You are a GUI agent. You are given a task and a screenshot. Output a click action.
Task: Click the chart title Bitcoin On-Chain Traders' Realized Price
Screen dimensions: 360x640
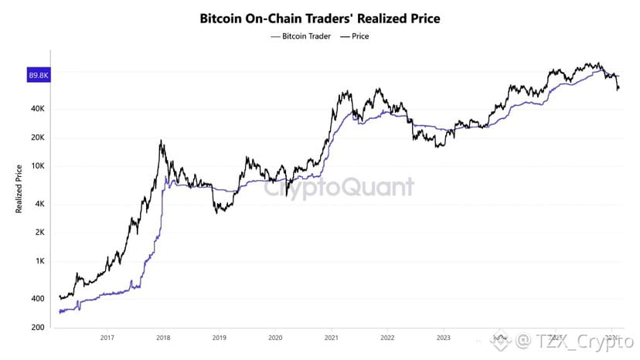point(319,17)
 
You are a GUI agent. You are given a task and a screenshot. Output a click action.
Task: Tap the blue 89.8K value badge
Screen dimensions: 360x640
point(39,75)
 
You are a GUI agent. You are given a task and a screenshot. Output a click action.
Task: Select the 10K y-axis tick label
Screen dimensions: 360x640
point(39,166)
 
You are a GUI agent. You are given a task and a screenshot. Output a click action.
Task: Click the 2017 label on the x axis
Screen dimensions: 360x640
point(107,338)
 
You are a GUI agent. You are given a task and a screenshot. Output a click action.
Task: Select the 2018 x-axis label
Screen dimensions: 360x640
point(163,338)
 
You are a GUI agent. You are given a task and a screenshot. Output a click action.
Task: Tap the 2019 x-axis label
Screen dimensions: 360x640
point(220,338)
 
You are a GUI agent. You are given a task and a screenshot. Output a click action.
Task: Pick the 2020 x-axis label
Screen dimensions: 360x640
point(275,338)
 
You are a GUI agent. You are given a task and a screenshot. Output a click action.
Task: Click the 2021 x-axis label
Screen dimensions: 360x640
point(332,338)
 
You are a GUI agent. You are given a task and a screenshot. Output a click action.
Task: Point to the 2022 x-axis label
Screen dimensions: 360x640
point(388,338)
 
